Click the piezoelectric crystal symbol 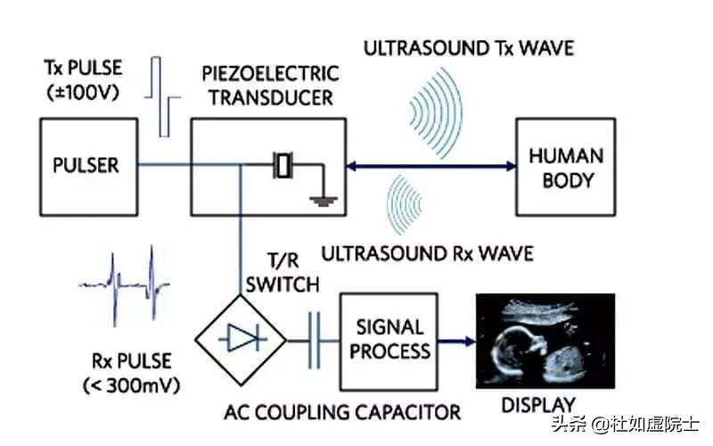click(x=283, y=165)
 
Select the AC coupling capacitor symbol click(x=313, y=339)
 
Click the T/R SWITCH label click(x=281, y=272)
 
